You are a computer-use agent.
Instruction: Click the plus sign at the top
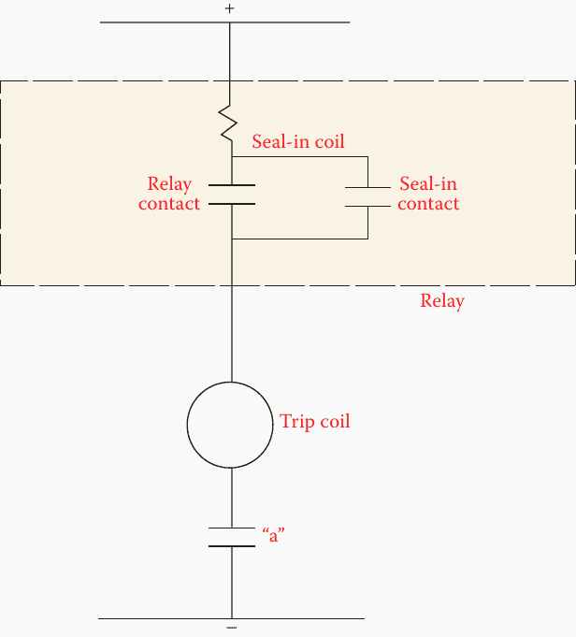[230, 8]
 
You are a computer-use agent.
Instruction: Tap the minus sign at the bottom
[231, 629]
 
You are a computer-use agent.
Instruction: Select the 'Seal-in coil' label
[298, 142]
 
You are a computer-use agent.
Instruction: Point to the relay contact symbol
[231, 194]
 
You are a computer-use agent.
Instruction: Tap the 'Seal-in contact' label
[428, 194]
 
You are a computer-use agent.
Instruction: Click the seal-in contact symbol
[368, 196]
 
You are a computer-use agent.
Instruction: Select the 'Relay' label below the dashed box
[442, 301]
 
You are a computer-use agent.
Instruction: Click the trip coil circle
[231, 425]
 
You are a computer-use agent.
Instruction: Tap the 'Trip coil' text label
[315, 422]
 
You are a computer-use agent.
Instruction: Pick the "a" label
[272, 538]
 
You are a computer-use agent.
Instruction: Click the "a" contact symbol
[231, 537]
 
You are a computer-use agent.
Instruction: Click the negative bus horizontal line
[309, 618]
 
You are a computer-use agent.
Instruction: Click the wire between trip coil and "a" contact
[231, 496]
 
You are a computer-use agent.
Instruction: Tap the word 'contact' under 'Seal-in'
[428, 204]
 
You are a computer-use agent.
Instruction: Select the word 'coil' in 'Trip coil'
[334, 422]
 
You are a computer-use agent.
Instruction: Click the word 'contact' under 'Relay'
[169, 203]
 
